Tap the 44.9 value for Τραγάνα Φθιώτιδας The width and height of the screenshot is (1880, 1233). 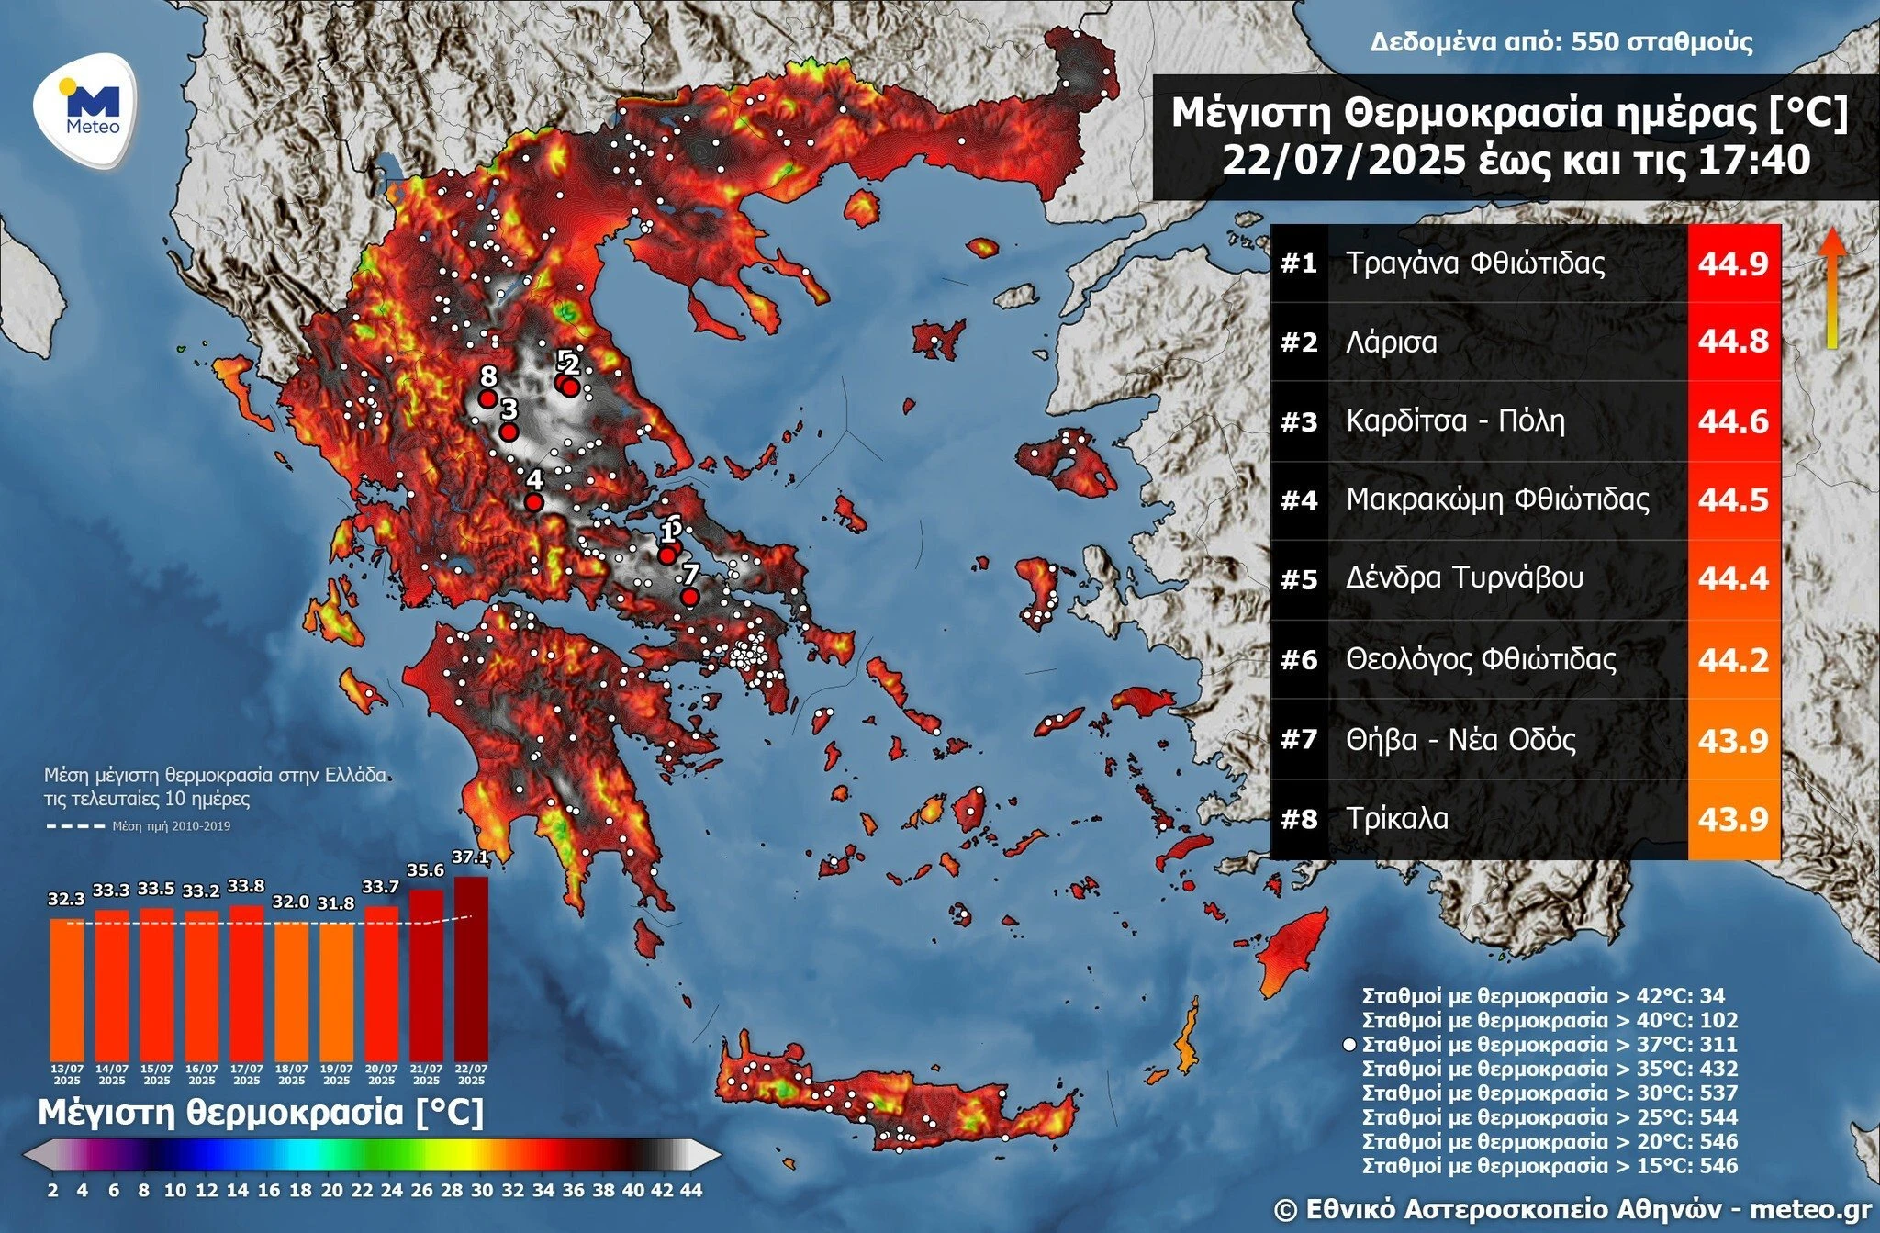(x=1733, y=264)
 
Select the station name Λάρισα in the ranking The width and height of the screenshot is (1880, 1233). (x=1392, y=342)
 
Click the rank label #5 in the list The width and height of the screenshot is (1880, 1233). (x=1298, y=579)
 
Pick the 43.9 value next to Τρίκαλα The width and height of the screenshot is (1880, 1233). (x=1733, y=819)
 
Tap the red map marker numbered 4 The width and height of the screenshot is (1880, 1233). (x=533, y=502)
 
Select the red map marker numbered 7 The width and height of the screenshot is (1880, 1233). (x=689, y=598)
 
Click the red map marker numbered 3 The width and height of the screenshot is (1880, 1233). (x=509, y=432)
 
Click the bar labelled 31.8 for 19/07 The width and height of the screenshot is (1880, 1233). (x=336, y=992)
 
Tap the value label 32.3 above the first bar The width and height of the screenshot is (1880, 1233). (x=66, y=900)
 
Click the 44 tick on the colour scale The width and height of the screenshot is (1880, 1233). (x=691, y=1190)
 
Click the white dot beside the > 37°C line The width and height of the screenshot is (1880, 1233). (x=1348, y=1045)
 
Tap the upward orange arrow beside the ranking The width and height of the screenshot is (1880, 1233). (x=1832, y=286)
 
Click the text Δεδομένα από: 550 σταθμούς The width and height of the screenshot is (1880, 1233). (x=1561, y=42)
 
